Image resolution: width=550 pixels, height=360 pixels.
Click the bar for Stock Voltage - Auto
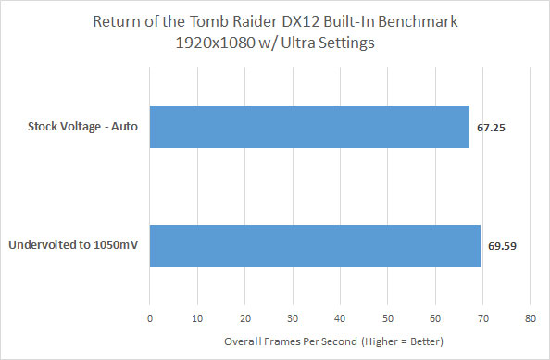(x=309, y=127)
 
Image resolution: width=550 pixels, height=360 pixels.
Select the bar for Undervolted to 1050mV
(x=315, y=245)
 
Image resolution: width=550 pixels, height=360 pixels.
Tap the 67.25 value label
(x=491, y=127)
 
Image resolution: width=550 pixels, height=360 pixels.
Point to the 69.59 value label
(x=502, y=245)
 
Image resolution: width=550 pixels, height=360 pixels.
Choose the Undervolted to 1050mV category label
(x=73, y=245)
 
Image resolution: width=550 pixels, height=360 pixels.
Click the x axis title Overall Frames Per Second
(x=293, y=343)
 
